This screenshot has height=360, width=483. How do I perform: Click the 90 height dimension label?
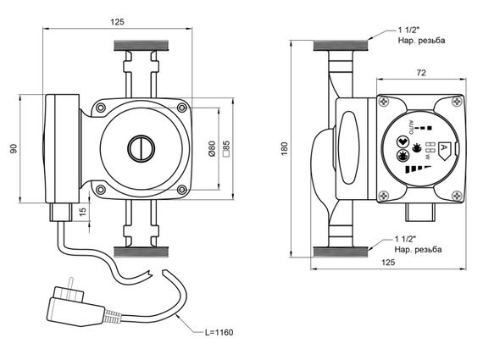coord(14,148)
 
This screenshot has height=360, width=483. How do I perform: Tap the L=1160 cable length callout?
coord(219,332)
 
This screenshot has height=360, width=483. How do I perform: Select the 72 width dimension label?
coord(421,73)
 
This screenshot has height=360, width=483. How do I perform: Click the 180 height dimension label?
coord(285,148)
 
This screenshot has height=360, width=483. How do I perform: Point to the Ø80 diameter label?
coord(212,149)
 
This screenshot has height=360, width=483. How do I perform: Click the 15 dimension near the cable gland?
coord(83,211)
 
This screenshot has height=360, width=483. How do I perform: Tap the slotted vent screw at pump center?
coord(141,149)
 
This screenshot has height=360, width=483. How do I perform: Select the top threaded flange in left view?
coord(141,46)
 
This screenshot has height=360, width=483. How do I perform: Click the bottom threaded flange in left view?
coord(141,252)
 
